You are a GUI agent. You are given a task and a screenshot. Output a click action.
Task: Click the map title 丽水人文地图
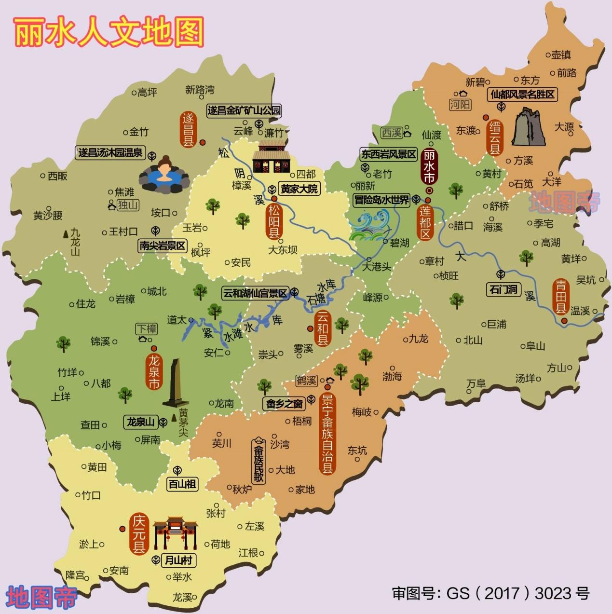[109, 33]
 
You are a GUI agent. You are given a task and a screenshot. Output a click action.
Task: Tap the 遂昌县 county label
[188, 129]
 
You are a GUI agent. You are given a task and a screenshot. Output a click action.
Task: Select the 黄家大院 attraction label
[299, 189]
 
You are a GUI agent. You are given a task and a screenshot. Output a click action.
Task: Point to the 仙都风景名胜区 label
[523, 95]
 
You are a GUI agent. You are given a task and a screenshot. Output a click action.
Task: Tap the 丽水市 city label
[428, 166]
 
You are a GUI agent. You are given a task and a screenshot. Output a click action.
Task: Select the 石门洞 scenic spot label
[503, 289]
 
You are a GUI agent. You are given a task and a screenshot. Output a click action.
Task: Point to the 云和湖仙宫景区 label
[254, 293]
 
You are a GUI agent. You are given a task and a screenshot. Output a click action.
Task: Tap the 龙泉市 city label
[154, 371]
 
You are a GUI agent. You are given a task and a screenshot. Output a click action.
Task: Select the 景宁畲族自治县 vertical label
[327, 433]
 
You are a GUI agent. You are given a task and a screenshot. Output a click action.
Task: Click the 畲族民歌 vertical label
[259, 461]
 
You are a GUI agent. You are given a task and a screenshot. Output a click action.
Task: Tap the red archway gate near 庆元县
[176, 533]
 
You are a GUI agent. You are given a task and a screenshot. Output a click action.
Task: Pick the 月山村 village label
[178, 560]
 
